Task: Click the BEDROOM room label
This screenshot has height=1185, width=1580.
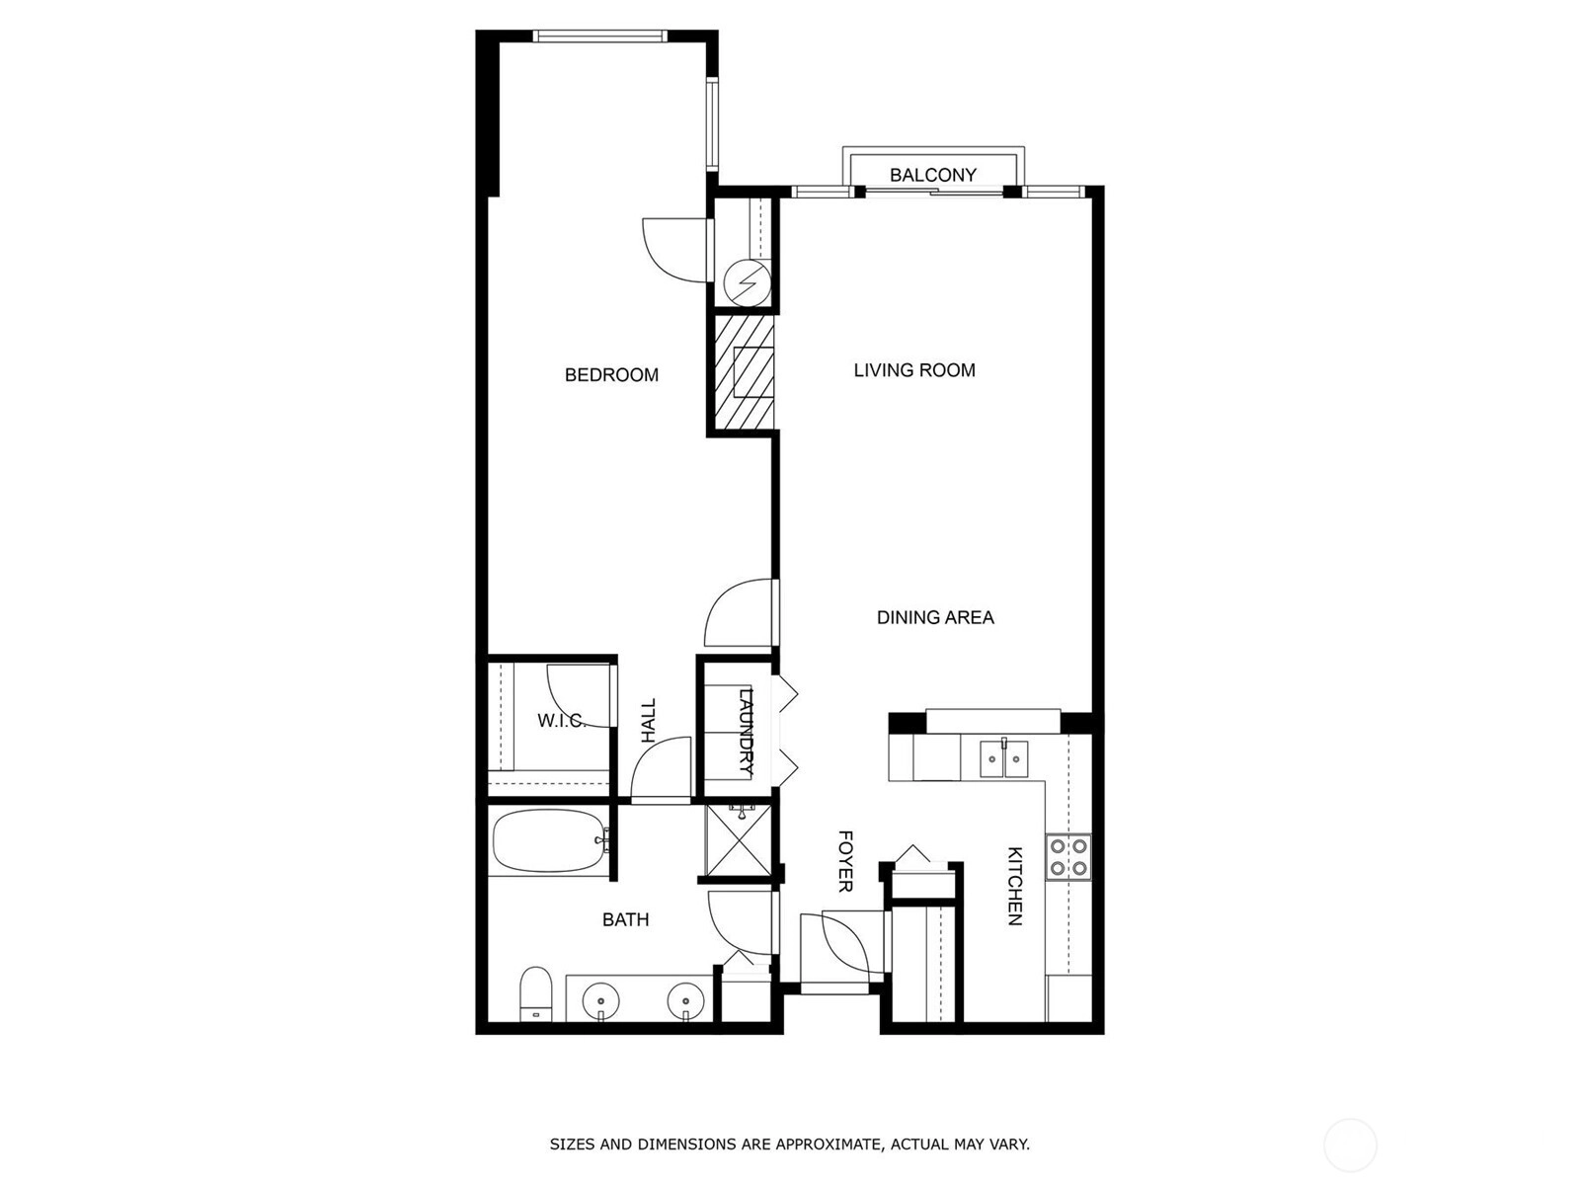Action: pos(611,375)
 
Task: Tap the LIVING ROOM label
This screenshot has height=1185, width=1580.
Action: pos(914,370)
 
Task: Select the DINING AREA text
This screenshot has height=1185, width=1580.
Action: pos(935,617)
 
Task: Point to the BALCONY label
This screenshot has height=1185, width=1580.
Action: pos(933,175)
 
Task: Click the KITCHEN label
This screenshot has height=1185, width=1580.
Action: pos(1014,886)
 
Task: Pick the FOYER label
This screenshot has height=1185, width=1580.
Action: pos(845,861)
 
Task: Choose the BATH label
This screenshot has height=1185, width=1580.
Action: pos(625,919)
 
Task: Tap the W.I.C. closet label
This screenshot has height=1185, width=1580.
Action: pos(562,720)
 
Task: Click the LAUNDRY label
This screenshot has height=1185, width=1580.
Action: pos(746,732)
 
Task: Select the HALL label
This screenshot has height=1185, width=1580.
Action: pos(649,720)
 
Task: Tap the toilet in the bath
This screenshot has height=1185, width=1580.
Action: pos(535,993)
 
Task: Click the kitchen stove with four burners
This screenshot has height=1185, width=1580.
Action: pos(1068,857)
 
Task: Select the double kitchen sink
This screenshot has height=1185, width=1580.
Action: pos(1003,759)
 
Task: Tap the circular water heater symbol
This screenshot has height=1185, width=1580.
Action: pos(748,282)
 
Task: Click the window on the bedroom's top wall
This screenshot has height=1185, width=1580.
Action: pos(599,36)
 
